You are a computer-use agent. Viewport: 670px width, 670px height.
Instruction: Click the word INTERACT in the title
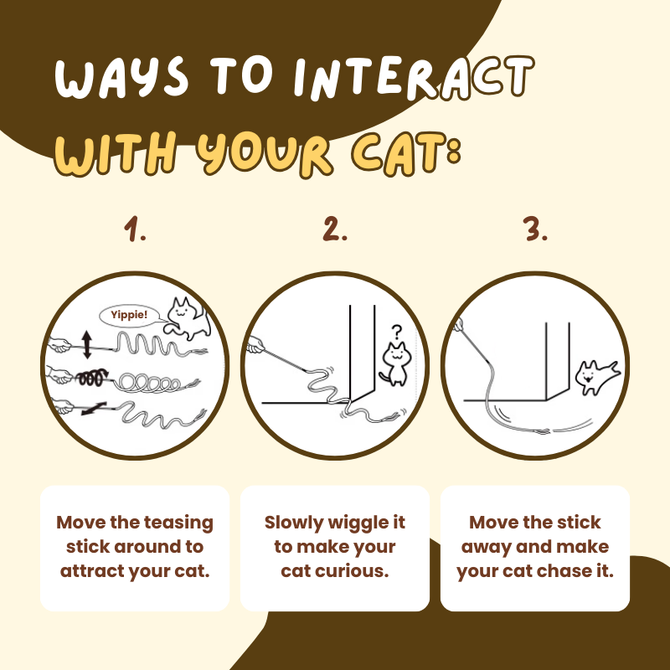(x=414, y=78)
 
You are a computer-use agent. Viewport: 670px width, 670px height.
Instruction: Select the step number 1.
(x=135, y=229)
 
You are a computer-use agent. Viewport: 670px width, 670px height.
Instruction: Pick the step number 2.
(x=335, y=229)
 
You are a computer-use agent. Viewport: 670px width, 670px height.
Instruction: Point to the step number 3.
(x=535, y=229)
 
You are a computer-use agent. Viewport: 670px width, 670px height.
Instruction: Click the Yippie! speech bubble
(x=130, y=316)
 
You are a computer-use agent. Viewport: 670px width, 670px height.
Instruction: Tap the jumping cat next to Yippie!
(x=188, y=319)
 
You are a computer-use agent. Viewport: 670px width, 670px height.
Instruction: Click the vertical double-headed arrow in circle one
(x=87, y=344)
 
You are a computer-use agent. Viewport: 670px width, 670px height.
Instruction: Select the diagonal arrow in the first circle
(x=94, y=409)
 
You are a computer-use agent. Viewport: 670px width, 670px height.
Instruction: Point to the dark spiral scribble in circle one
(x=91, y=377)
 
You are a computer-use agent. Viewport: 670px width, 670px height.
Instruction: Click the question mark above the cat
(x=397, y=332)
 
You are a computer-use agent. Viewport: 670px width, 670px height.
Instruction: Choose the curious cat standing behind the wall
(x=395, y=364)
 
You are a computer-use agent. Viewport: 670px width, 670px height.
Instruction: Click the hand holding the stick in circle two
(x=255, y=345)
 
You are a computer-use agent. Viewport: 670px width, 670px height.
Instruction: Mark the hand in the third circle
(x=457, y=325)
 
